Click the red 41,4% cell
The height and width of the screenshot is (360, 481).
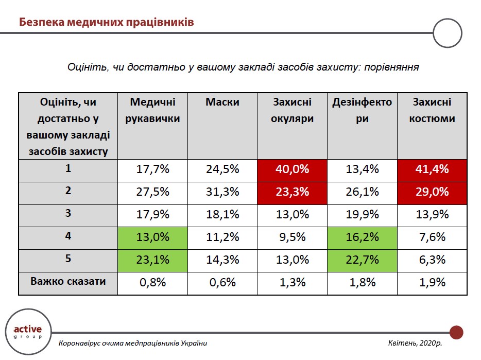432,169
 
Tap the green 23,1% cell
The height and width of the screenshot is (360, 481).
152,260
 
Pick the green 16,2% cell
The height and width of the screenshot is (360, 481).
362,237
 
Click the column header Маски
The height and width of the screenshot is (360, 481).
222,102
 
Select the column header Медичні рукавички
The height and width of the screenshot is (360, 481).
152,110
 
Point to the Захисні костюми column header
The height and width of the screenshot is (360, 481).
432,110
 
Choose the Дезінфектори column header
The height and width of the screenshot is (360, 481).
362,110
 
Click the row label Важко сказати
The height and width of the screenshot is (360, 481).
68,282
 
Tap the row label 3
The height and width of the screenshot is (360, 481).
68,214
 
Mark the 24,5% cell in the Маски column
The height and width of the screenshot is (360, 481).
222,169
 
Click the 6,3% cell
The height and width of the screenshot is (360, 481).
432,260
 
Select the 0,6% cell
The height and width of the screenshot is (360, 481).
222,282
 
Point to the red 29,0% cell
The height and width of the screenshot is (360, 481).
432,192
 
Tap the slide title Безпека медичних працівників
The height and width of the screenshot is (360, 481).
106,22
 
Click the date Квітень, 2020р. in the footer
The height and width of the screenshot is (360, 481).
415,344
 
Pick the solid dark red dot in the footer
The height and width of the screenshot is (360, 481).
456,332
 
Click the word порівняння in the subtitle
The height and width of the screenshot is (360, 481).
391,67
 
